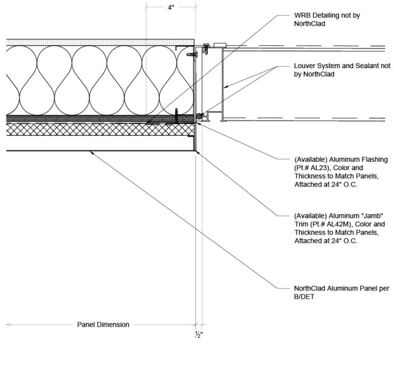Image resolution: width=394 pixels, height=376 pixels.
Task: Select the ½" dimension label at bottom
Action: point(199,334)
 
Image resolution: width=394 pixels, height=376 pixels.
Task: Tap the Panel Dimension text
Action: point(103,324)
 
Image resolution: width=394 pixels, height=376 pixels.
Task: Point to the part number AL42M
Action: point(334,225)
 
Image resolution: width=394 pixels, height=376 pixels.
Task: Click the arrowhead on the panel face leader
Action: point(90,152)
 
